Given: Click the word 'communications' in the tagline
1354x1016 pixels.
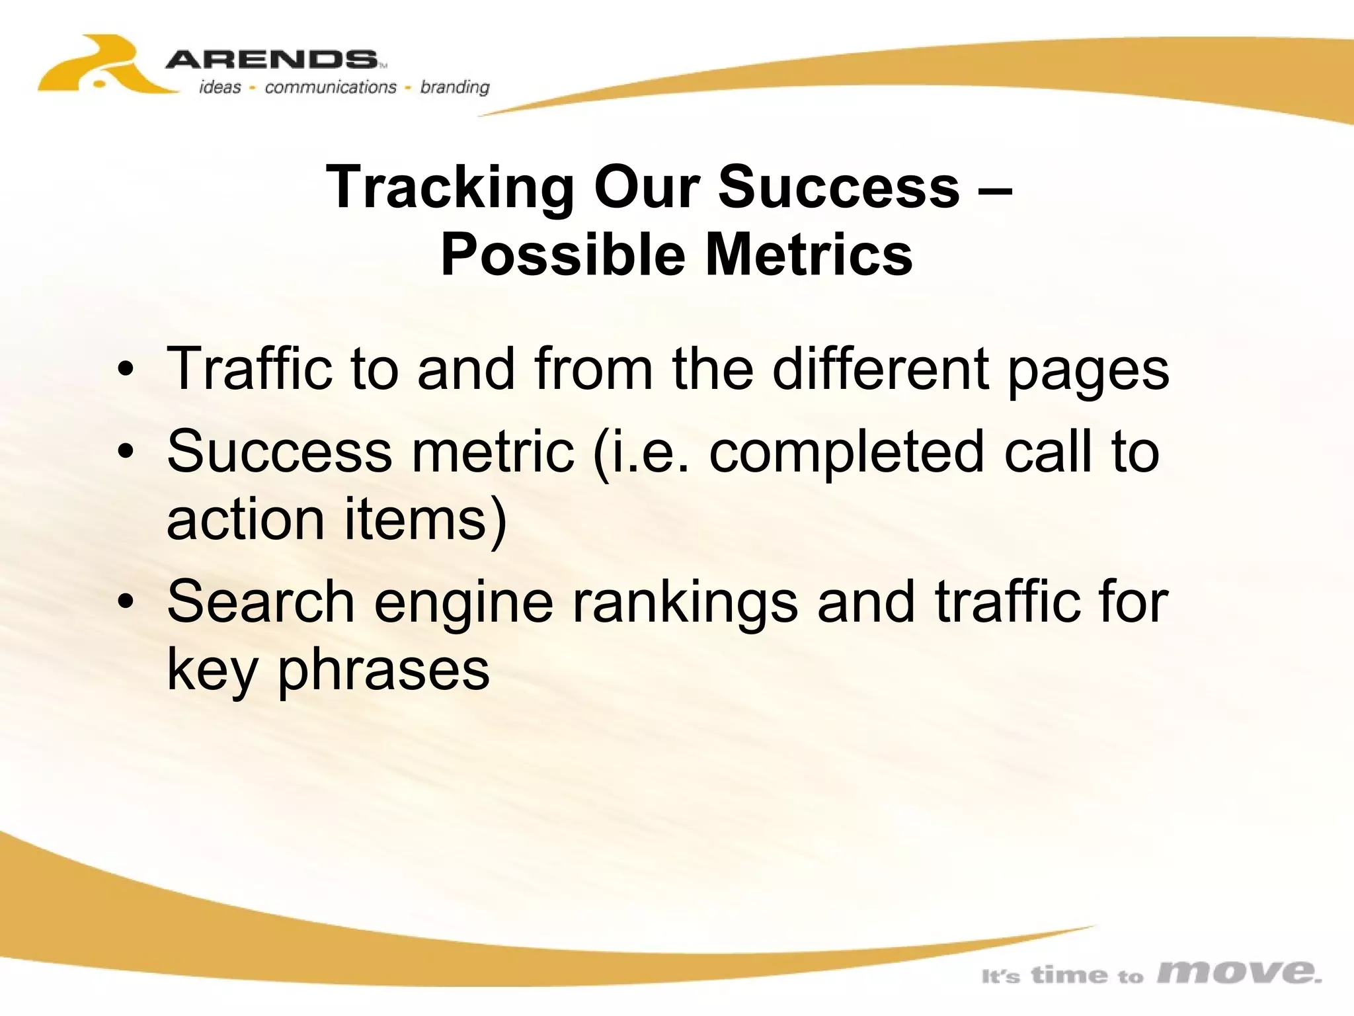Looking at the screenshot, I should [331, 87].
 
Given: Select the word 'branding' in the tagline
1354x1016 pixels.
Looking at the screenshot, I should [455, 87].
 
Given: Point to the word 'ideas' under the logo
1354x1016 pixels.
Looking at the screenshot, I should [220, 87].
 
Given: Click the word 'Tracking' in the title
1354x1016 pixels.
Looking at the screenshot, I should [450, 188].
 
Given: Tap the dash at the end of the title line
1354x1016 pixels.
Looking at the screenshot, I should [994, 188].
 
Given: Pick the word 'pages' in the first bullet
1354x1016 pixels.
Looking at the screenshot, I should [1088, 372].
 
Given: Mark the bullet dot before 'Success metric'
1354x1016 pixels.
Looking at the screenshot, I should [126, 452].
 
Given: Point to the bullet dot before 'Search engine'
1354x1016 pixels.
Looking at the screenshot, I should [126, 602].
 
